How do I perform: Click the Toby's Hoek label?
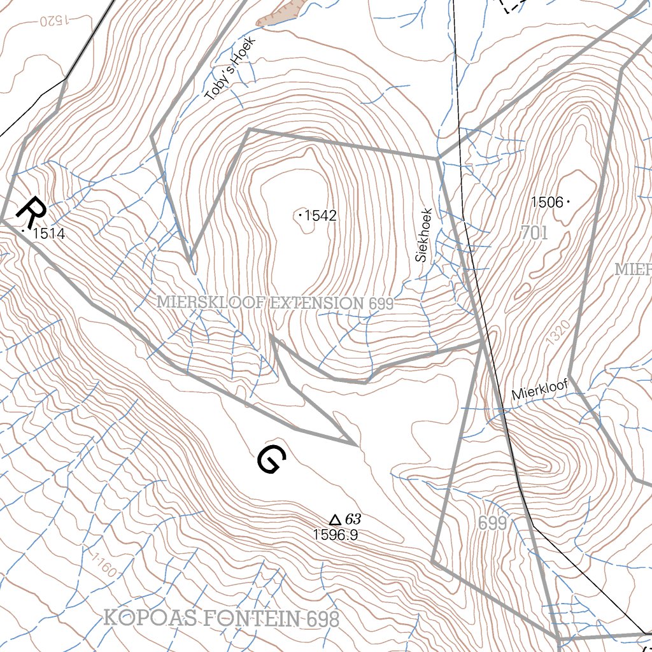(x=230, y=77)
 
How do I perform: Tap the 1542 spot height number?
(x=320, y=216)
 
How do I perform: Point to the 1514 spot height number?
(x=48, y=234)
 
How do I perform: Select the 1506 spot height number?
(x=547, y=202)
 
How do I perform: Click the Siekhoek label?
(x=423, y=236)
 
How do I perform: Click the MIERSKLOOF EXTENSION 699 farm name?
(x=275, y=303)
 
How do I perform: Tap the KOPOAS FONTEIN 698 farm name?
(x=221, y=618)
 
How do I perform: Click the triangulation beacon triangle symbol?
(x=335, y=520)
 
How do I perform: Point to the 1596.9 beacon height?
(x=335, y=535)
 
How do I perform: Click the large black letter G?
(x=271, y=460)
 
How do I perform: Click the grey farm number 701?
(x=534, y=233)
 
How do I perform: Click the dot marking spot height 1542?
(x=301, y=215)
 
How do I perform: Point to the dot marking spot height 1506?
(x=568, y=202)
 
